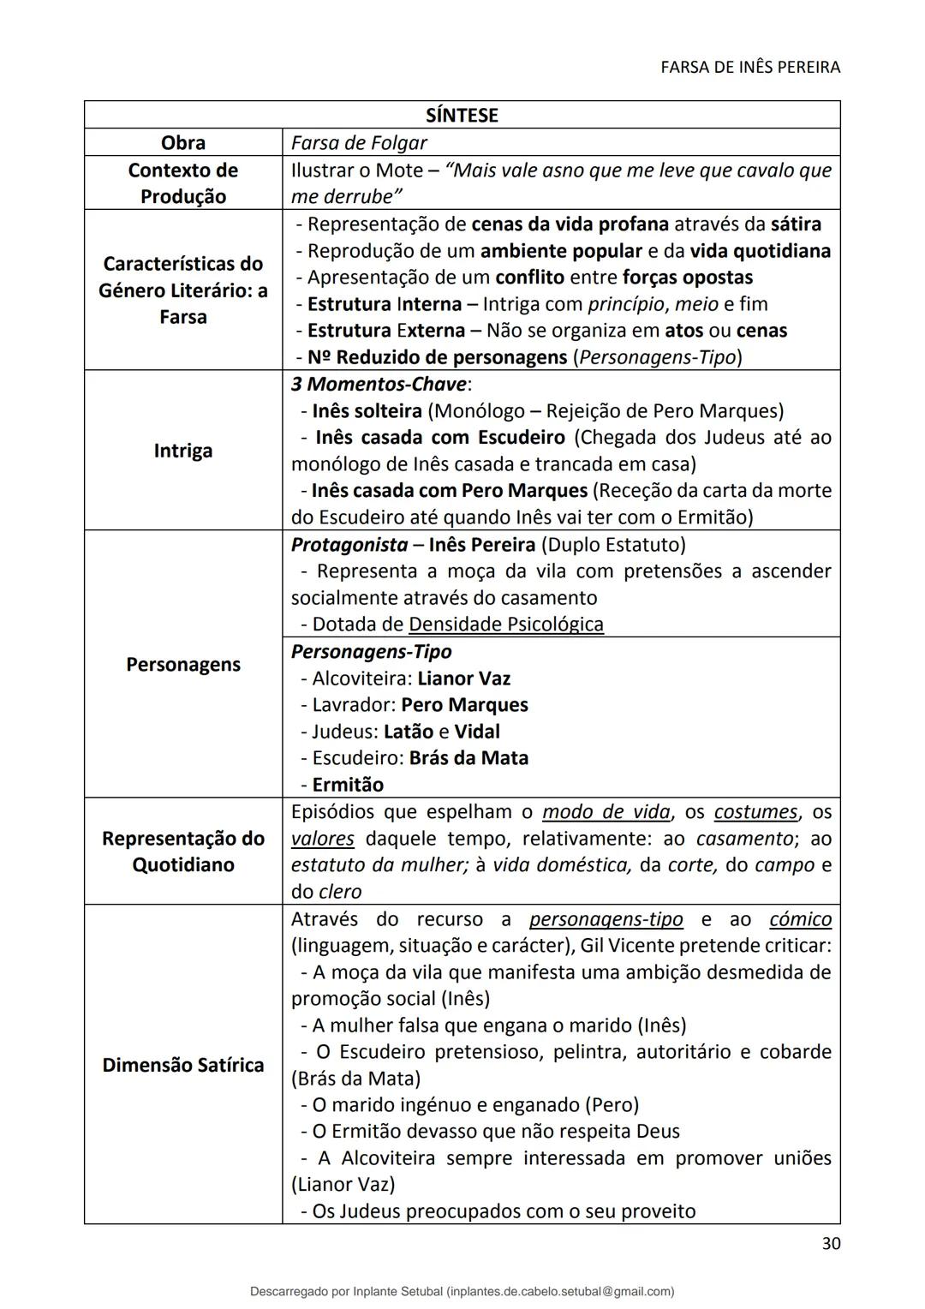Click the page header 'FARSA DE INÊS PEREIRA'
tap(750, 67)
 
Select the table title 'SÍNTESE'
tap(462, 115)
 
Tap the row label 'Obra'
tap(183, 142)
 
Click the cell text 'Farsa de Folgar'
tap(359, 142)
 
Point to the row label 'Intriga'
tap(183, 451)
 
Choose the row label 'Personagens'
tap(183, 665)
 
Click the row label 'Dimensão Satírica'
tap(183, 1065)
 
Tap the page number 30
tap(830, 1244)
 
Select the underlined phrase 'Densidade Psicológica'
tap(506, 625)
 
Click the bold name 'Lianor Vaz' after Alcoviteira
tap(463, 678)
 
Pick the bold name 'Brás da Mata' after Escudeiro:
tap(468, 758)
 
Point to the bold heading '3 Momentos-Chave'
tap(379, 384)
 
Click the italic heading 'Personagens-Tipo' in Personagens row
tap(372, 652)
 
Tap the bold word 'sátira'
tap(796, 224)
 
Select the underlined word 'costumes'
tap(755, 812)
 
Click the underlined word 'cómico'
tap(800, 919)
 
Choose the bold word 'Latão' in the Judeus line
tap(409, 732)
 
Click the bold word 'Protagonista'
tap(349, 545)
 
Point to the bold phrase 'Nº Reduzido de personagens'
tap(437, 357)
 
